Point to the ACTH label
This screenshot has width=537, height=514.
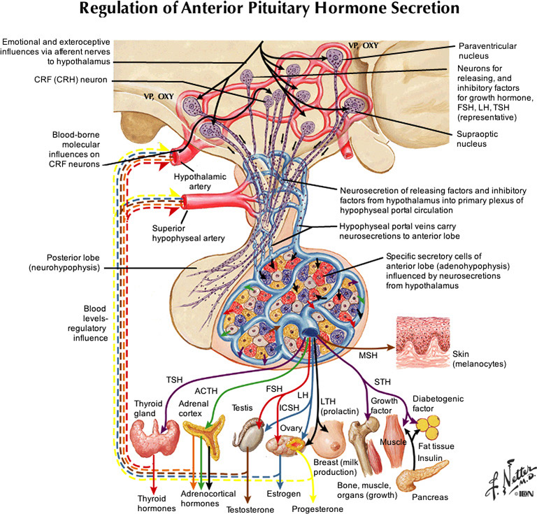tap(208, 391)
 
